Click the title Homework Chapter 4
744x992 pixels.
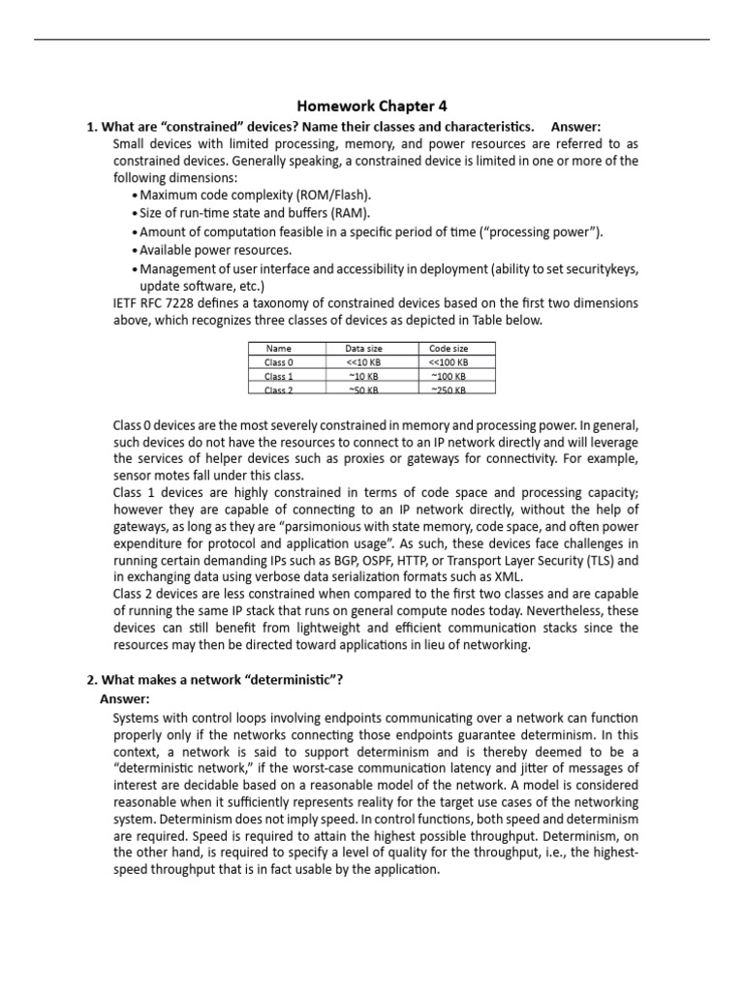point(371,106)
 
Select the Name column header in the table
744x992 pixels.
point(277,349)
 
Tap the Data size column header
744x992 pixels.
point(362,349)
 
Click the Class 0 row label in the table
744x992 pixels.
point(278,362)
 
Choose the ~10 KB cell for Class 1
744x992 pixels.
point(362,376)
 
